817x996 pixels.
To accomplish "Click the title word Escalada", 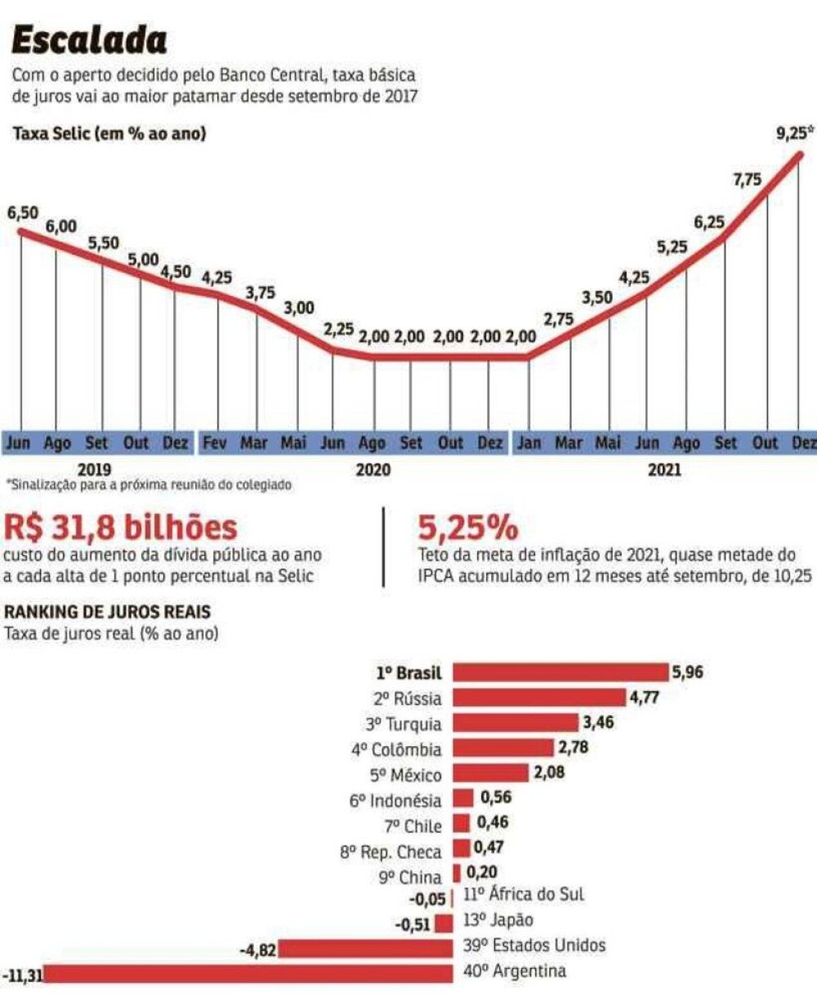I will click(90, 39).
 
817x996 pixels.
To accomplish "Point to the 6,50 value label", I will click(23, 213).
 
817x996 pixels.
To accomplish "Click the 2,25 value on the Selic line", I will click(338, 329).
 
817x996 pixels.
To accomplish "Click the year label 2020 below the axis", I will click(373, 470).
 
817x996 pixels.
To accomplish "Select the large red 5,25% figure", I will click(467, 526).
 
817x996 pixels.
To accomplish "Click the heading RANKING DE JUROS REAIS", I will click(107, 610).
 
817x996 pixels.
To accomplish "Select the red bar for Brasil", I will click(560, 672).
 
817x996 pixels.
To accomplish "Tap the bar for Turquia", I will click(515, 723).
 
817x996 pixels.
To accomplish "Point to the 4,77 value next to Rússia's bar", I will click(644, 698).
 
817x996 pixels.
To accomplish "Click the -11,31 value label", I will click(22, 975).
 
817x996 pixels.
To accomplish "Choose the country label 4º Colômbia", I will click(396, 749).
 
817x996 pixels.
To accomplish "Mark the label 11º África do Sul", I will click(524, 894).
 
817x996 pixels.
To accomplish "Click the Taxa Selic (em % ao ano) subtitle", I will click(109, 134).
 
